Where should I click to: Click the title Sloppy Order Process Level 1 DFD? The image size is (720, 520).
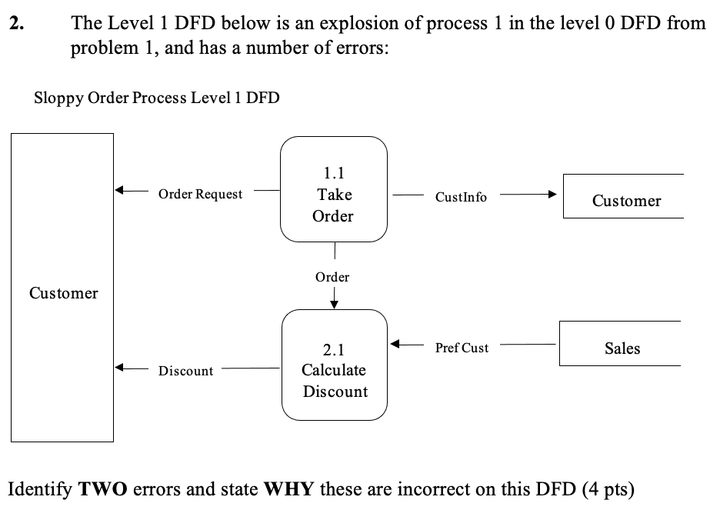point(157,98)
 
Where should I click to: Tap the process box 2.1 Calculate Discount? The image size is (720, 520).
point(334,365)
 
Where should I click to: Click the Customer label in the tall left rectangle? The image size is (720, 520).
point(63,293)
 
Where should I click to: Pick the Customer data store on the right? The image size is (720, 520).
point(625,201)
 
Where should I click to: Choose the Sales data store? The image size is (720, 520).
point(622,348)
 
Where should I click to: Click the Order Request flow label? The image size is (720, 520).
point(200,194)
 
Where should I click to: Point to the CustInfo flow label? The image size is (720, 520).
point(461,197)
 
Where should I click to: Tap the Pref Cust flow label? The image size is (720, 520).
point(462,348)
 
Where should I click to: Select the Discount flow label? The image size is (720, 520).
point(185,371)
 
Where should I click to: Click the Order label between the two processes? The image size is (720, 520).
point(332,277)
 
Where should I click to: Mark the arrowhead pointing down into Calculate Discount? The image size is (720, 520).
point(333,301)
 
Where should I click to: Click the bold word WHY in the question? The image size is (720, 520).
point(288,489)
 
